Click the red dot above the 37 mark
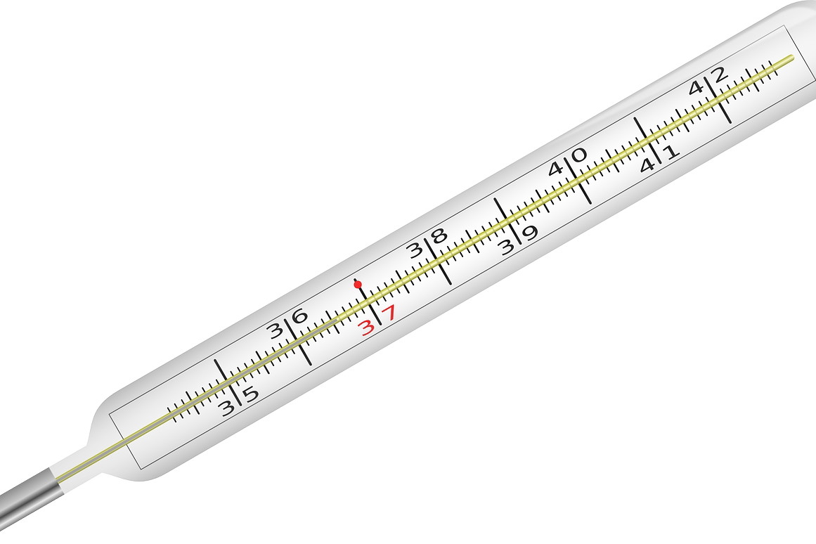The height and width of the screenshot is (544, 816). pos(358,284)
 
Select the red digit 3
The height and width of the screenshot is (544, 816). pos(368,328)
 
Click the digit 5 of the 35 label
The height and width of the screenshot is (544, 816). pos(251,394)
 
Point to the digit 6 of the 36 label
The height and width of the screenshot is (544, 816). pos(299,316)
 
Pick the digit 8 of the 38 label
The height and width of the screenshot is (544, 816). pos(439,236)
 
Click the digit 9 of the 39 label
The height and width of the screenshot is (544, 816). pos(529,233)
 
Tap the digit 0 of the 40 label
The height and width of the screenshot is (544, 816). pos(578,155)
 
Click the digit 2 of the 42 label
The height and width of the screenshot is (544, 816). pos(719,75)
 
